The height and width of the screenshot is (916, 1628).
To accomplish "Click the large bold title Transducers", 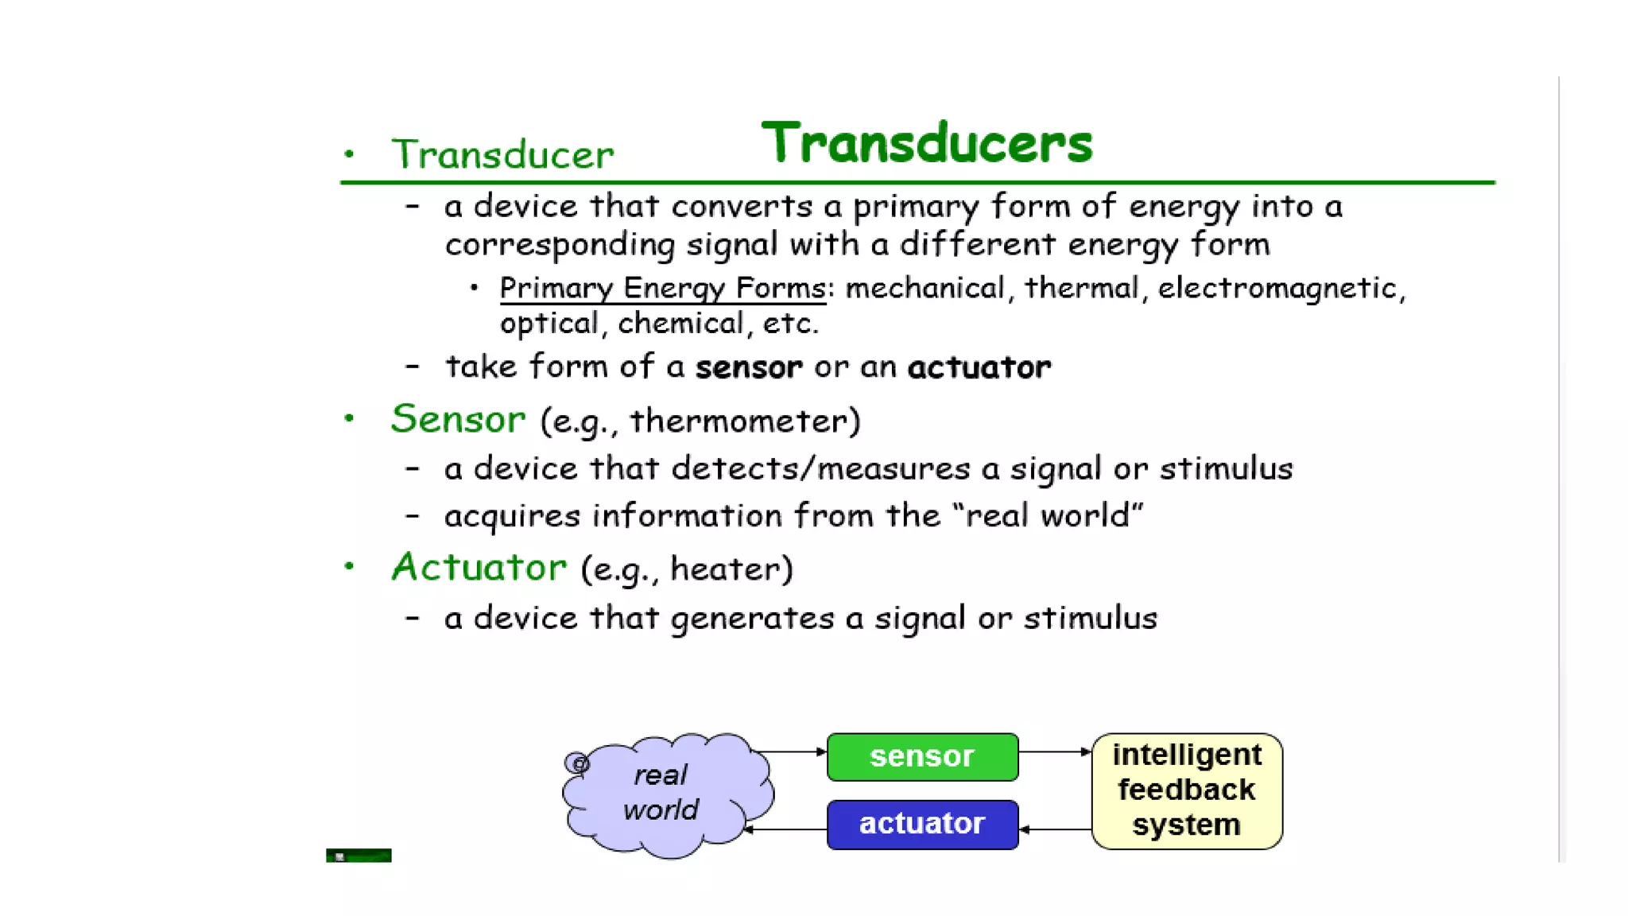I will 927,143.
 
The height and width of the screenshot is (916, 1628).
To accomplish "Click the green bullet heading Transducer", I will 502,154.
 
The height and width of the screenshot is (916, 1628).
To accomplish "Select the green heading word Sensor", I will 458,418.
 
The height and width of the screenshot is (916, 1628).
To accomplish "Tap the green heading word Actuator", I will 479,567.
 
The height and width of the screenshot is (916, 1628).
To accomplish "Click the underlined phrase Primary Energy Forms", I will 662,288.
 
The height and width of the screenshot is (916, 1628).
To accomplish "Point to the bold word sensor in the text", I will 748,367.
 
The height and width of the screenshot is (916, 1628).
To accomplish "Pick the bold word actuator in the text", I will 979,367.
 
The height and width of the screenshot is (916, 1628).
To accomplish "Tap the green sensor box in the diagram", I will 922,756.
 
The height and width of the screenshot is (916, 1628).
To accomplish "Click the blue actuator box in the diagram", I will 922,824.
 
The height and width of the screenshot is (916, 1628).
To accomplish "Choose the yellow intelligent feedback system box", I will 1186,790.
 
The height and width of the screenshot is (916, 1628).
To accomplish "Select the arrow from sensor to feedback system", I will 1055,751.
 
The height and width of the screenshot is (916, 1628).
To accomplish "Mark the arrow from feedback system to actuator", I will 1055,829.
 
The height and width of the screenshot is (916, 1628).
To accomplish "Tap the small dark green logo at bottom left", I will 359,856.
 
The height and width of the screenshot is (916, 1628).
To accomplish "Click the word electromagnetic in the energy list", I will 1277,288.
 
